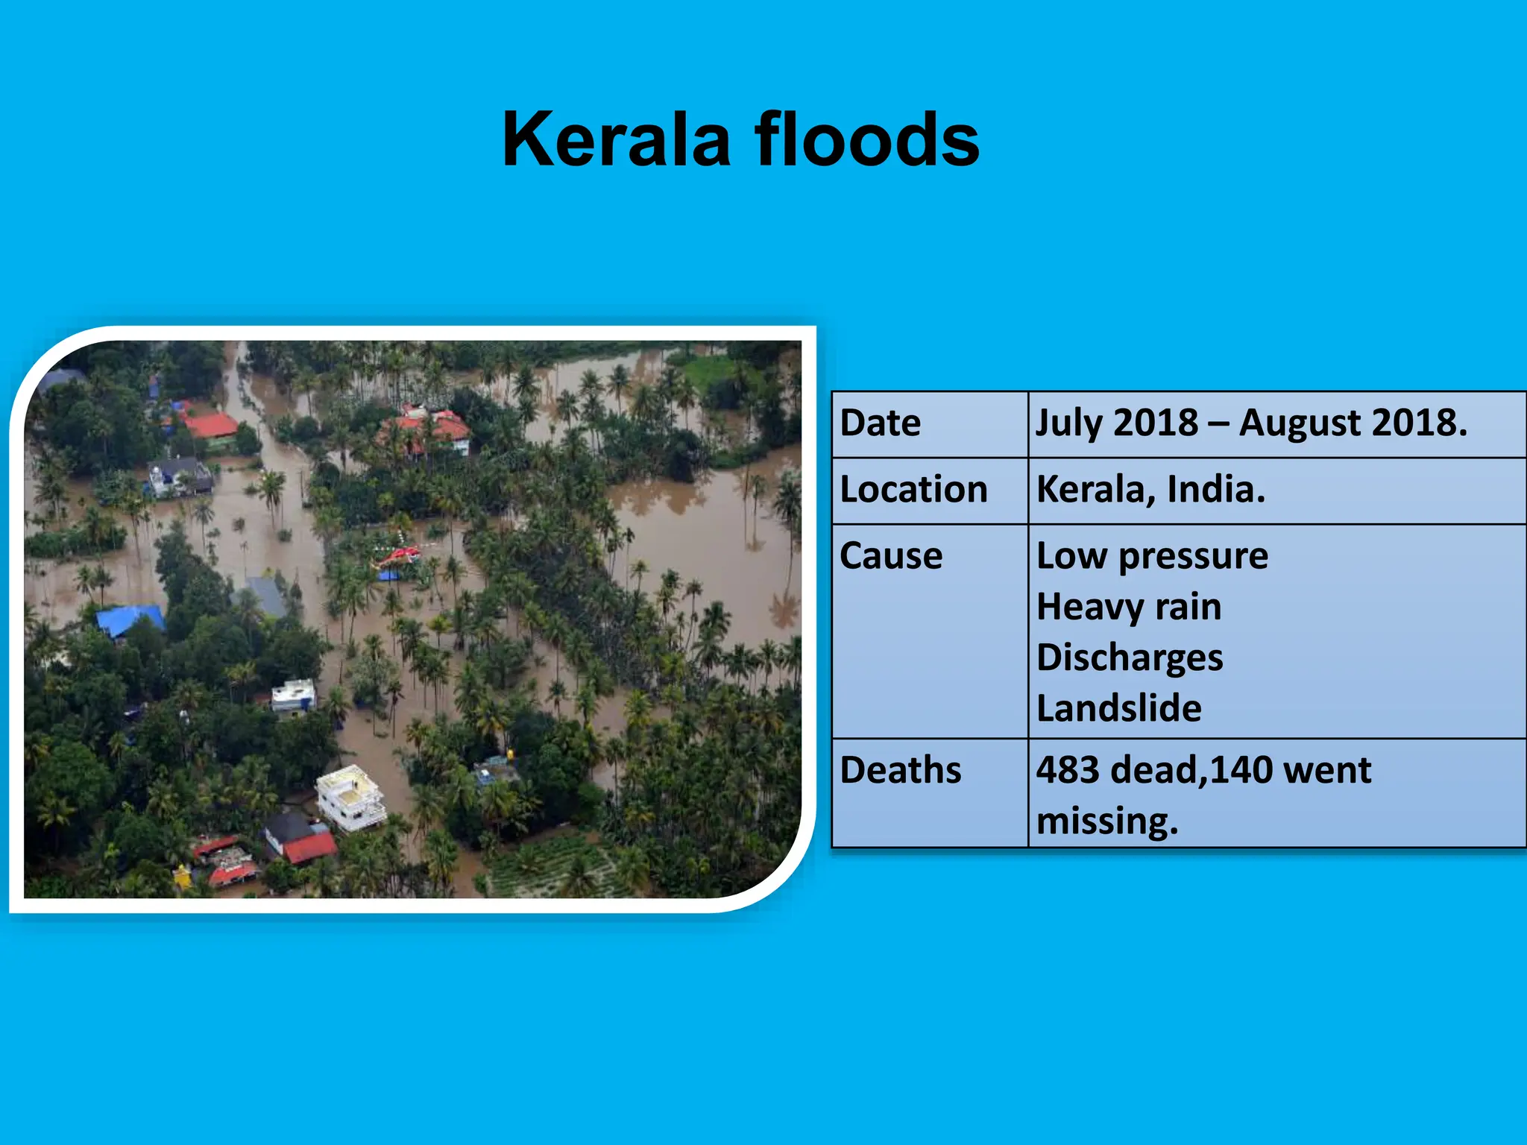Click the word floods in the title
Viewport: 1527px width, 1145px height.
[x=866, y=140]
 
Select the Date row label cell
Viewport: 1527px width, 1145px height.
[x=881, y=423]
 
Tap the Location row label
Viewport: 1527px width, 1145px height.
[x=913, y=490]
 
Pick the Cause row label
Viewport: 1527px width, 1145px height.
[x=891, y=556]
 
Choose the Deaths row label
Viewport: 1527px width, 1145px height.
[x=901, y=770]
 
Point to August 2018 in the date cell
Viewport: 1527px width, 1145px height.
[x=1351, y=423]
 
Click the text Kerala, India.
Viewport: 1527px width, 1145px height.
[x=1150, y=490]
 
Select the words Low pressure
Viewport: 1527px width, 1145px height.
[x=1152, y=556]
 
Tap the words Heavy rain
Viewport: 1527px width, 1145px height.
[x=1129, y=607]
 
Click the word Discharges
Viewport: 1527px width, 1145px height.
[x=1130, y=657]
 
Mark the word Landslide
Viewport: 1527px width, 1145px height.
[x=1118, y=708]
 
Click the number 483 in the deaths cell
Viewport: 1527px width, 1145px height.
[x=1068, y=770]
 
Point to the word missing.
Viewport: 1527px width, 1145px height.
[x=1106, y=821]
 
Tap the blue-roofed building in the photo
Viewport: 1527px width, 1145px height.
[x=130, y=619]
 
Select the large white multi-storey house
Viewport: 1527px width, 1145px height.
[x=350, y=798]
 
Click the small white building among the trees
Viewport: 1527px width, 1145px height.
[x=294, y=696]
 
